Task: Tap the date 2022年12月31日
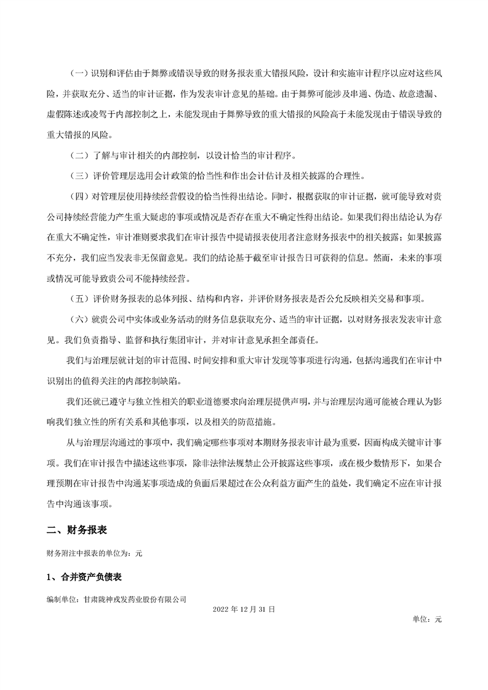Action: click(244, 608)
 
